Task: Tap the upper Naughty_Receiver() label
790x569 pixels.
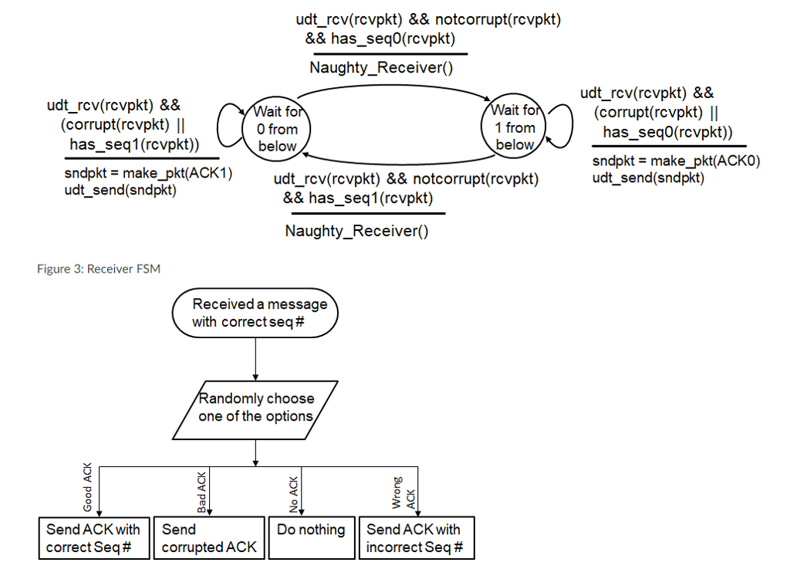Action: (381, 68)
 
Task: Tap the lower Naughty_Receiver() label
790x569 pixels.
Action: (356, 231)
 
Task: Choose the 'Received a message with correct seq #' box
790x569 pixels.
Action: (255, 313)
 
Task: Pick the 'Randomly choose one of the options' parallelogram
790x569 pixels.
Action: (256, 407)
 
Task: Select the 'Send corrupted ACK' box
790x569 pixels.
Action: (209, 538)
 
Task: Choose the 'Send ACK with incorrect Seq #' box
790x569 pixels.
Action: (416, 538)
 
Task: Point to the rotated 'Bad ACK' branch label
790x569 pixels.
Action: (202, 494)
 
